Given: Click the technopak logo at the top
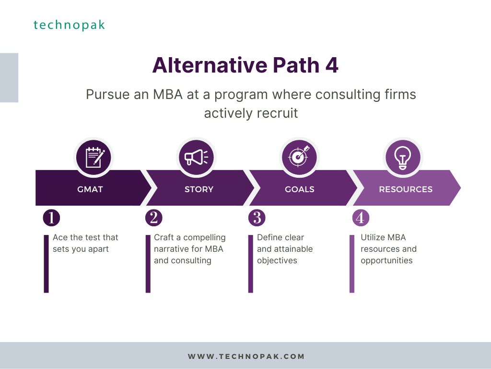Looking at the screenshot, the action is (69, 25).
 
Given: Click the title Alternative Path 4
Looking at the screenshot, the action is (245, 65).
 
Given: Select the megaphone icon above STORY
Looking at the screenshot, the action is (196, 157).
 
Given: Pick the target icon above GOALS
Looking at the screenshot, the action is (299, 157).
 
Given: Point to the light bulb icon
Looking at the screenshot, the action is (403, 157).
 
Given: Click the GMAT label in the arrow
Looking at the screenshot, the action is (90, 189).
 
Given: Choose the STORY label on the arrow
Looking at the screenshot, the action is (199, 189).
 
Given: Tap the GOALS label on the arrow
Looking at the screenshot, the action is (300, 189).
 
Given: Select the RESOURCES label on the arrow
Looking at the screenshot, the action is (406, 189).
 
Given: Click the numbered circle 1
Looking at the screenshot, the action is (51, 218).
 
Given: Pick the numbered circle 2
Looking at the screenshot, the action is (154, 218).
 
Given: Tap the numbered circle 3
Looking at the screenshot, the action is (257, 218).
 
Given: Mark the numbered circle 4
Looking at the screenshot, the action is (361, 218).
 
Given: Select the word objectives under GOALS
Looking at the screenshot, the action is (277, 261).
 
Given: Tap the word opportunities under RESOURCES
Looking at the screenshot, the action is (387, 261).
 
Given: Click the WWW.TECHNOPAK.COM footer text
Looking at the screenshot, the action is (246, 357).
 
